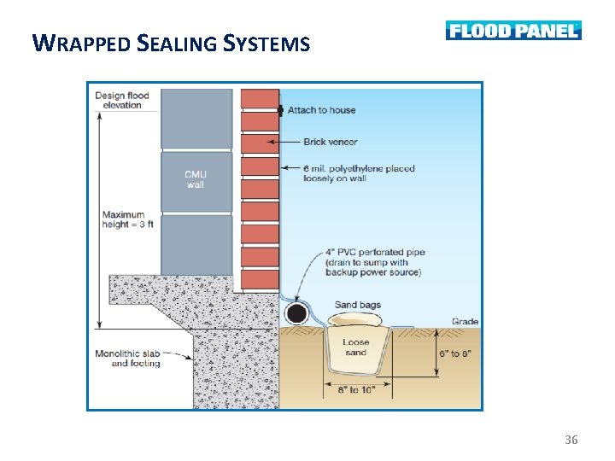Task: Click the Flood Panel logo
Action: coord(512,31)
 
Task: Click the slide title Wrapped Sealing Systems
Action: coord(170,42)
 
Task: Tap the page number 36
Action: coord(571,440)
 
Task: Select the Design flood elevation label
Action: coord(122,100)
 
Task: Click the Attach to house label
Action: coord(321,110)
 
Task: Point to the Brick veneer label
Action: coord(330,142)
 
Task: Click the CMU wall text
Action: coord(196,180)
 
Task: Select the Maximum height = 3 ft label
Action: coord(126,219)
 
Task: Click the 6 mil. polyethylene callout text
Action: coord(359,173)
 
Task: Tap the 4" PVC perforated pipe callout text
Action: coord(373,262)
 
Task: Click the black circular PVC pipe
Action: coord(296,313)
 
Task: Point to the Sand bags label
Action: coord(358,305)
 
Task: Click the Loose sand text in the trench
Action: coord(356,347)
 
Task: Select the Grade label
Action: coord(465,322)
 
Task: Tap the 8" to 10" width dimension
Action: coord(355,391)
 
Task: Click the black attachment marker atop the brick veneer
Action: coord(280,110)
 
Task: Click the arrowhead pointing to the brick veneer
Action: coord(272,142)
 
